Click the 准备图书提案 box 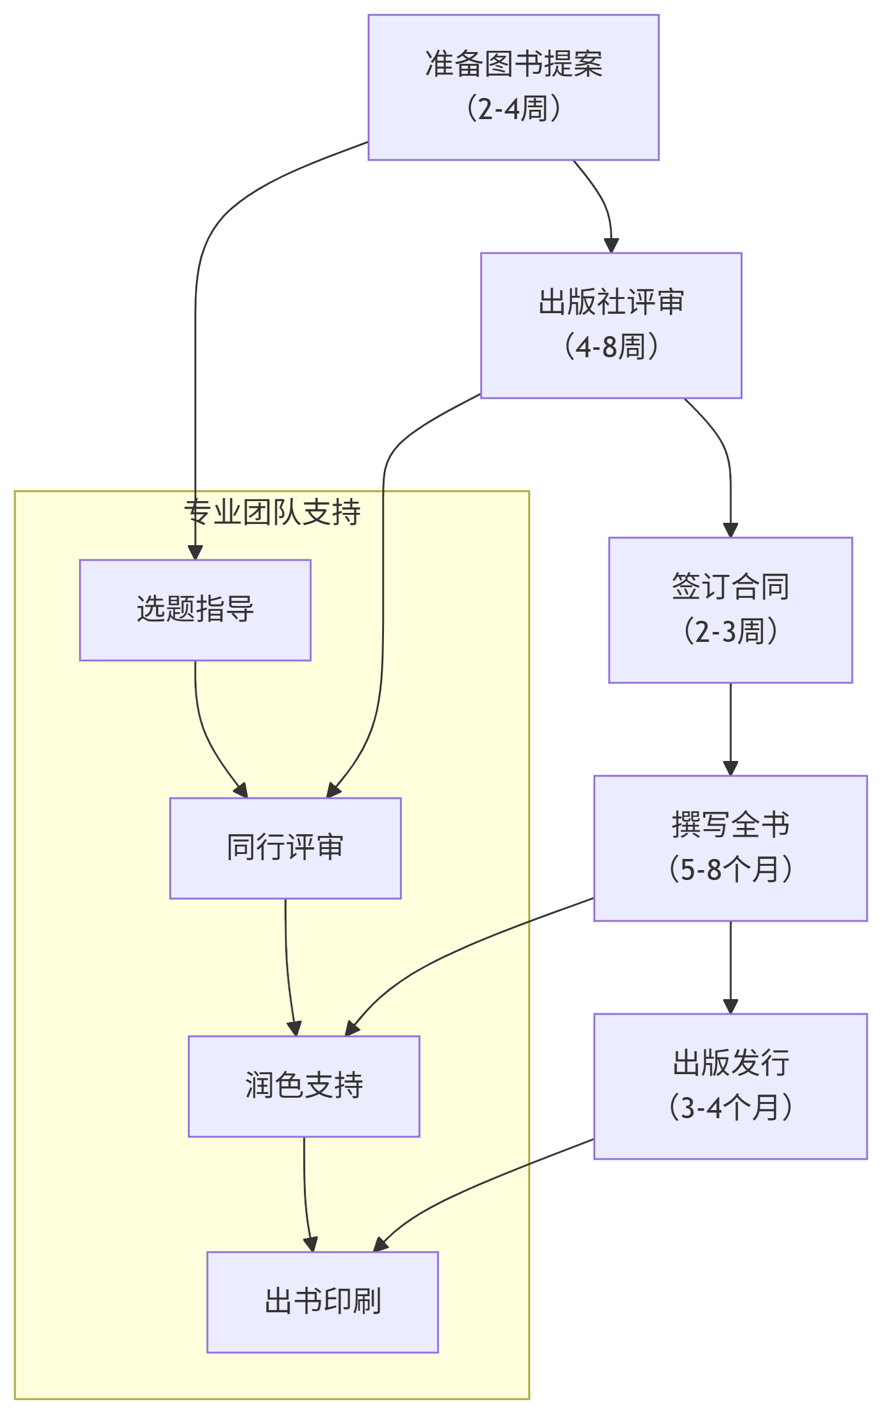pyautogui.click(x=513, y=87)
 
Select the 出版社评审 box pyautogui.click(x=610, y=325)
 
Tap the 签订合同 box pyautogui.click(x=730, y=610)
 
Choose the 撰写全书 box pyautogui.click(x=730, y=848)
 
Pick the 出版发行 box pyautogui.click(x=730, y=1086)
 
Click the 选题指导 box pyautogui.click(x=195, y=610)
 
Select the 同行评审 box pyautogui.click(x=285, y=848)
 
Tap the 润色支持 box pyautogui.click(x=304, y=1086)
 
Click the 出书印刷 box pyautogui.click(x=323, y=1302)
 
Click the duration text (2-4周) pyautogui.click(x=513, y=109)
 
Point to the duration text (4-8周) pyautogui.click(x=610, y=347)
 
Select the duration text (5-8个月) pyautogui.click(x=730, y=869)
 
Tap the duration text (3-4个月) pyautogui.click(x=730, y=1108)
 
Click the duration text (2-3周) pyautogui.click(x=730, y=632)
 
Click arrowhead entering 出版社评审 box pyautogui.click(x=612, y=246)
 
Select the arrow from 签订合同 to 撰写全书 pyautogui.click(x=731, y=729)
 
